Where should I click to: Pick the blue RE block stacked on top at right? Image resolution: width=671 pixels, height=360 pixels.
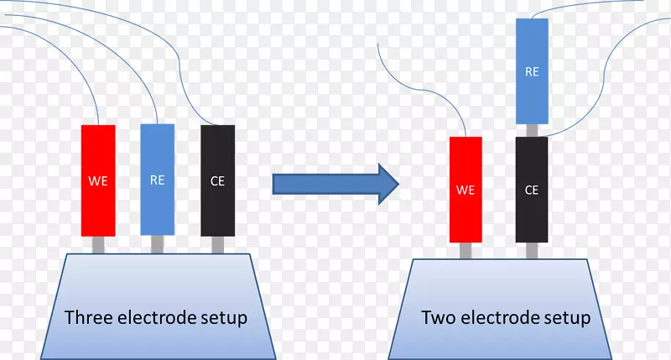pyautogui.click(x=532, y=71)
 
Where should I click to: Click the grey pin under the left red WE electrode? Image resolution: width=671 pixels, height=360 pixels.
pyautogui.click(x=98, y=245)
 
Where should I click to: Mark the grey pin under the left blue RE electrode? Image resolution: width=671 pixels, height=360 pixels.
pyautogui.click(x=157, y=245)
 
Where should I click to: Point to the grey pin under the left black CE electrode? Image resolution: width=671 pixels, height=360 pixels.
pyautogui.click(x=218, y=245)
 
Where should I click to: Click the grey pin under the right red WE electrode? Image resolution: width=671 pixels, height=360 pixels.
pyautogui.click(x=466, y=250)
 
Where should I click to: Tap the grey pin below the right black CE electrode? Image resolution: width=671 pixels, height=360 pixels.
pyautogui.click(x=532, y=250)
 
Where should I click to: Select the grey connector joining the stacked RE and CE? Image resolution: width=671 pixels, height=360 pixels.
pyautogui.click(x=532, y=130)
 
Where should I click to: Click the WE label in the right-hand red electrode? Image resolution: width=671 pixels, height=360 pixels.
pyautogui.click(x=466, y=190)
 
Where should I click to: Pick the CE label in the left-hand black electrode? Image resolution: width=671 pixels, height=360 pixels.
pyautogui.click(x=218, y=180)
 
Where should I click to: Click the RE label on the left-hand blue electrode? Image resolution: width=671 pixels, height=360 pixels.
pyautogui.click(x=157, y=180)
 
